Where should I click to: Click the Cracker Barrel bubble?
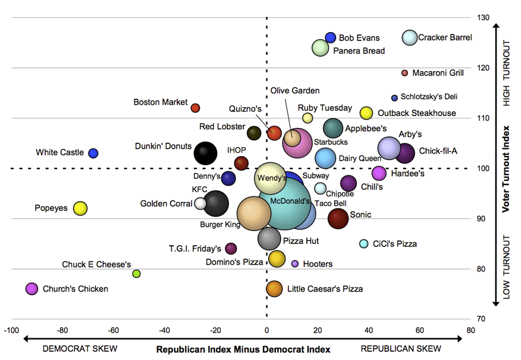(410, 37)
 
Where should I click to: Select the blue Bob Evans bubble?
(331, 37)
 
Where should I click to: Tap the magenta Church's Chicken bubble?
(32, 289)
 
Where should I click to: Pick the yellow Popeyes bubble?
(80, 208)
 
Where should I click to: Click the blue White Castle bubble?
(93, 153)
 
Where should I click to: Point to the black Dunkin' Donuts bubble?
(206, 153)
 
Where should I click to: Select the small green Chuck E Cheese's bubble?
(136, 274)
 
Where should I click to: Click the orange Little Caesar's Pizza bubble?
(274, 289)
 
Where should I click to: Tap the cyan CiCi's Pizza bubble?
(364, 243)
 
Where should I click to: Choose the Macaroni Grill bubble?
(405, 73)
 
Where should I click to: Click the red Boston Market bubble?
(195, 108)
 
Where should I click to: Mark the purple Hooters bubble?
(295, 264)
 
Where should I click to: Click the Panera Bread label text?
(359, 51)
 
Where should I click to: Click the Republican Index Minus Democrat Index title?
(243, 349)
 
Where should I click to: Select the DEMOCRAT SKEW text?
(80, 349)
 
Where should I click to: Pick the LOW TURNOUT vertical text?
(507, 267)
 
